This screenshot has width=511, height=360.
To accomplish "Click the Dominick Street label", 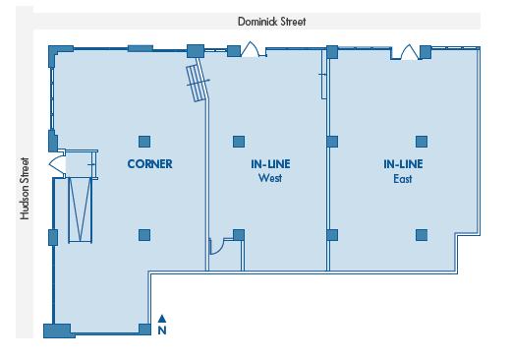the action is tap(271, 22).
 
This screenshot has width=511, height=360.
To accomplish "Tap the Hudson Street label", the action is tap(25, 189).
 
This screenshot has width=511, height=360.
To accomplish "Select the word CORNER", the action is tap(149, 164).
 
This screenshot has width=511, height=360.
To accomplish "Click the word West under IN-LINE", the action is tap(270, 178).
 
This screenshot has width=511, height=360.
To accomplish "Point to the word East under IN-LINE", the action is tap(403, 179).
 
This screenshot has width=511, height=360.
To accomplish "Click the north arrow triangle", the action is tap(162, 319).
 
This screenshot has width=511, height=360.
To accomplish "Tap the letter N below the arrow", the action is tap(162, 330).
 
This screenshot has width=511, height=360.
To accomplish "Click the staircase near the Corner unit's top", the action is tap(198, 82).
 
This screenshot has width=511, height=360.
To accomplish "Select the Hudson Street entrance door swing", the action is tap(57, 163).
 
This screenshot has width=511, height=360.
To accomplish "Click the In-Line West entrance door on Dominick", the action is tap(251, 49).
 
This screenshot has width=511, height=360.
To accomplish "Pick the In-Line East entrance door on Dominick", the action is tap(409, 52).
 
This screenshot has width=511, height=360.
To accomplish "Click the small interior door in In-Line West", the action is tap(216, 247).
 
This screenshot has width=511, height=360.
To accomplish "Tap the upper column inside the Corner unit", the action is tap(144, 142).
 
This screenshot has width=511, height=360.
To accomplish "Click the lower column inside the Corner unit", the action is tap(144, 235).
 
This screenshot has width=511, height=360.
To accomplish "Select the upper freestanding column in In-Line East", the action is tap(422, 142).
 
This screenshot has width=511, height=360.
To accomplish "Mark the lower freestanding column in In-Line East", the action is tap(422, 235).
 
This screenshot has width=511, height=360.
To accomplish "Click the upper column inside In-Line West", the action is tap(239, 142).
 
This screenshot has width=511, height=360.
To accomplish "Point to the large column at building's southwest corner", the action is tap(58, 330).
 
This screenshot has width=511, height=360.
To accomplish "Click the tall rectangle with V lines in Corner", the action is tap(80, 210).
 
